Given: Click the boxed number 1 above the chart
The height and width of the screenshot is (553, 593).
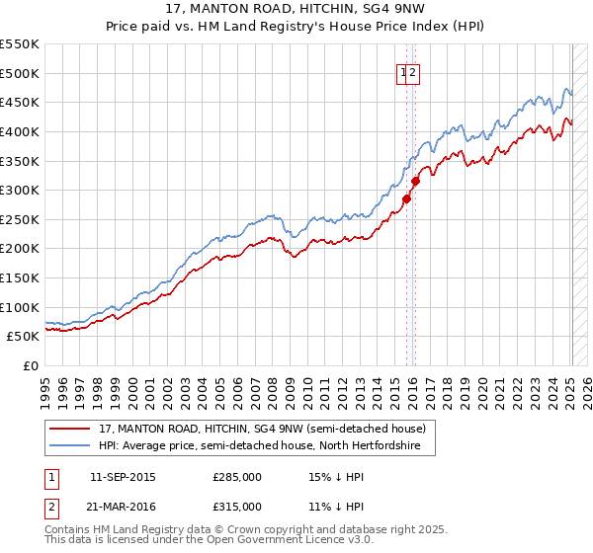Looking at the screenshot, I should [404, 72].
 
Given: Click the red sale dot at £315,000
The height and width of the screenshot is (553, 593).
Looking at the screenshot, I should [416, 181].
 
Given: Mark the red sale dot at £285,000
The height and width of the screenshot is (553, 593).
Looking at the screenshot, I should [406, 198].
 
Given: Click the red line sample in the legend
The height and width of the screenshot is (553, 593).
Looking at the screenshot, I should [71, 430].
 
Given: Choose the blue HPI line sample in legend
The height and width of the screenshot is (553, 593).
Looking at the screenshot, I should [71, 446].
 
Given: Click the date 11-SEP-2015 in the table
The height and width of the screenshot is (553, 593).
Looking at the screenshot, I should [123, 477].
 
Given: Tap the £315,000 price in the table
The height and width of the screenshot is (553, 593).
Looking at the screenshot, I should [237, 507].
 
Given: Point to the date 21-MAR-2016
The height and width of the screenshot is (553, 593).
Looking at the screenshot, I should [123, 507].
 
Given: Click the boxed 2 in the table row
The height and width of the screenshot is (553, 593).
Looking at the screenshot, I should [50, 507].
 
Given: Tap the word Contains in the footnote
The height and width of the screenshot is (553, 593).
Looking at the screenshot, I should [68, 530].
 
